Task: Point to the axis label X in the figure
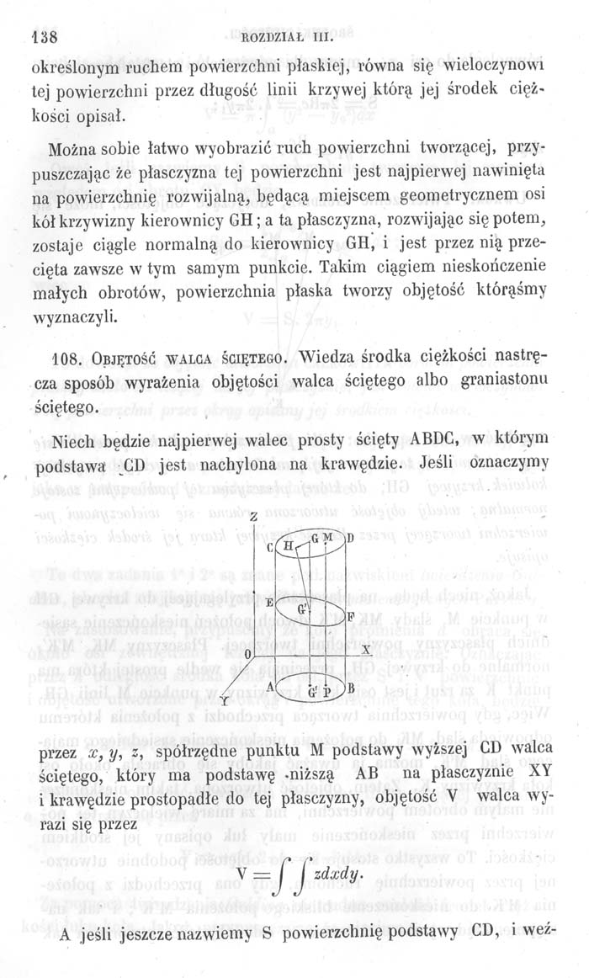366,651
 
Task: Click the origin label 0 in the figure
247,654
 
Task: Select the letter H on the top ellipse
289,545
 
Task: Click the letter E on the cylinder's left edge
268,603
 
